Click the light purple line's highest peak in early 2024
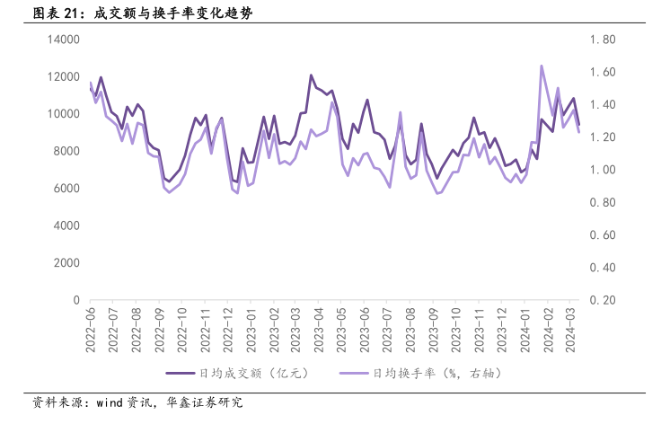click(542, 66)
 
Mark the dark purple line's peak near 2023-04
click(311, 75)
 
